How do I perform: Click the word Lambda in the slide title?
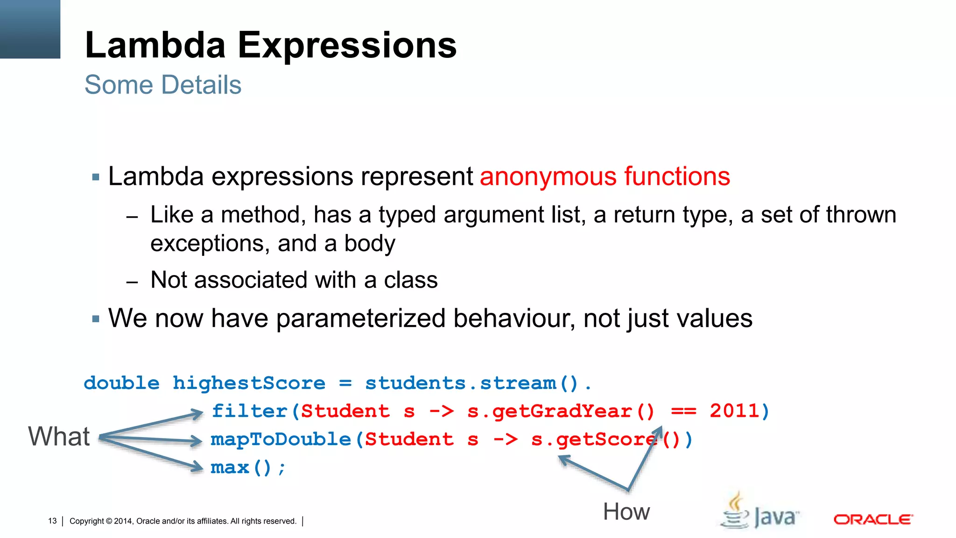(x=155, y=45)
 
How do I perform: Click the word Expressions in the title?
(x=347, y=45)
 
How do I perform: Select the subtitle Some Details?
(x=163, y=85)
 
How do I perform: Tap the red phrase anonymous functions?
(x=605, y=177)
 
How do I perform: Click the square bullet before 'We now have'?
(x=96, y=319)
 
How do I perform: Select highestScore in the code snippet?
(x=249, y=383)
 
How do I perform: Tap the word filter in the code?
(x=250, y=411)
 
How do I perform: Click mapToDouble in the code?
(x=281, y=439)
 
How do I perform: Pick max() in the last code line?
(x=241, y=467)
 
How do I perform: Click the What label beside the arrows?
(x=59, y=437)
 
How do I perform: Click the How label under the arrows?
(x=626, y=512)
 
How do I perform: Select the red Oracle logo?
(x=873, y=519)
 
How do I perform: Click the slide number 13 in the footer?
(x=52, y=521)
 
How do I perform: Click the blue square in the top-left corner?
(x=30, y=29)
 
